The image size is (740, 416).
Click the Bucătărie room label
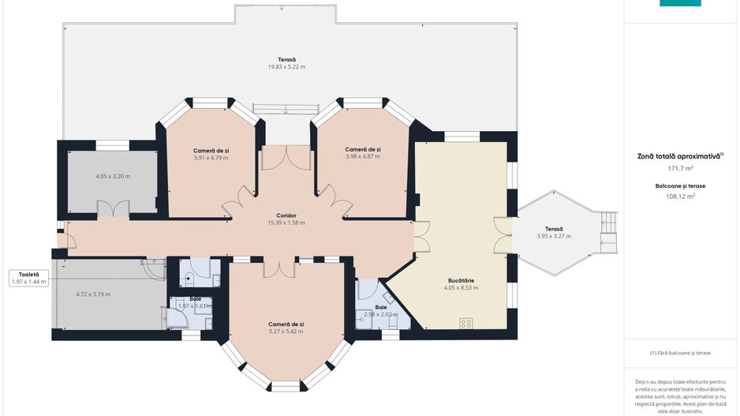pyautogui.click(x=461, y=280)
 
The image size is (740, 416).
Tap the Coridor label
pyautogui.click(x=286, y=215)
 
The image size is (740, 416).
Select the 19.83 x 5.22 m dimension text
pyautogui.click(x=286, y=67)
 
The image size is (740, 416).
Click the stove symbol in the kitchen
pyautogui.click(x=466, y=323)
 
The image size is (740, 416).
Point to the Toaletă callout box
pyautogui.click(x=28, y=278)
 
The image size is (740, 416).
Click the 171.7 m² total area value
pyautogui.click(x=679, y=168)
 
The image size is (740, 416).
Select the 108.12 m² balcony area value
pyautogui.click(x=680, y=197)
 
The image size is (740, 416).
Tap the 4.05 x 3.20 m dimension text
pyautogui.click(x=113, y=177)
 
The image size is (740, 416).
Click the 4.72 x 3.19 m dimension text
pyautogui.click(x=93, y=294)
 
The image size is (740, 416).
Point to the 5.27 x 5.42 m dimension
pyautogui.click(x=286, y=332)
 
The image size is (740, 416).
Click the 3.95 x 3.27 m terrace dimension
pyautogui.click(x=554, y=236)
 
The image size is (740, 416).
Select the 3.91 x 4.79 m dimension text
pyautogui.click(x=211, y=158)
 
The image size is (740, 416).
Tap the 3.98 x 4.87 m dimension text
pyautogui.click(x=362, y=156)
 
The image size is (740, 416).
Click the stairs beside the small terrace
pyautogui.click(x=608, y=233)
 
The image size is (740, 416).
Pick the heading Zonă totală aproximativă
pyautogui.click(x=678, y=156)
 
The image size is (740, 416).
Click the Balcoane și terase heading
pyautogui.click(x=680, y=186)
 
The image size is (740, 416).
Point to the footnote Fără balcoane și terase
pyautogui.click(x=680, y=353)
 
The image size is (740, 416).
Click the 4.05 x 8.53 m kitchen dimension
pyautogui.click(x=461, y=287)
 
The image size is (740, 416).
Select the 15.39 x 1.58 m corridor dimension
pyautogui.click(x=286, y=223)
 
